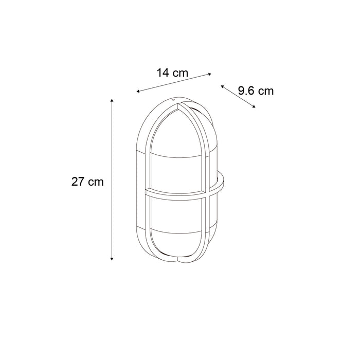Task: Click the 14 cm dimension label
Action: (172, 73)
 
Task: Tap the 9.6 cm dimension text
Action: (256, 91)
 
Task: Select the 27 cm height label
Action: (87, 182)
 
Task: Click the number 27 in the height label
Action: (78, 182)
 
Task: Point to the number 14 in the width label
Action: (163, 73)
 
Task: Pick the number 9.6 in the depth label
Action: (246, 91)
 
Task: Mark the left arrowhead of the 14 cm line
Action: (137, 92)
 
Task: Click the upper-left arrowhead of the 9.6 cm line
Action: (222, 86)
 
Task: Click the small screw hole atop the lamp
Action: (173, 100)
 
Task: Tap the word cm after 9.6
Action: (265, 92)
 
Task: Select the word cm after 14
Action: (180, 73)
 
